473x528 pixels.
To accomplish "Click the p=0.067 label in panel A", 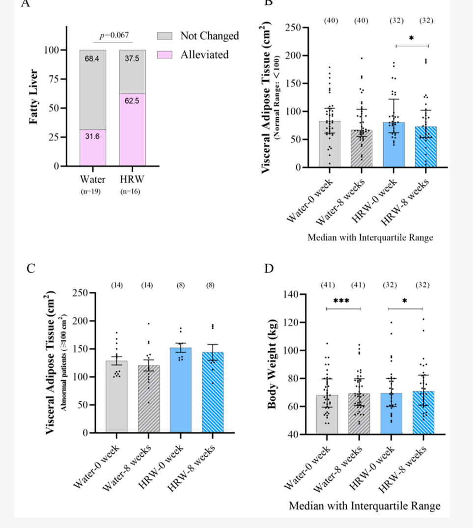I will coord(111,35).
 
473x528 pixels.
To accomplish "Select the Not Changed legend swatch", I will coord(165,36).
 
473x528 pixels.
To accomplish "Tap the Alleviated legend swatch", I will coord(165,55).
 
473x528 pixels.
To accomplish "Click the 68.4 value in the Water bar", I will coord(92,59).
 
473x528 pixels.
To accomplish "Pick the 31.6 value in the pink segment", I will coord(92,136).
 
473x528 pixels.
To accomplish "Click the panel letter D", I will coord(269,269).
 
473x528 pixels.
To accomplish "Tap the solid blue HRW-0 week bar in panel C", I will coord(180,393).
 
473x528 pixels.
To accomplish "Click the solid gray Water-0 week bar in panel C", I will coord(116,398).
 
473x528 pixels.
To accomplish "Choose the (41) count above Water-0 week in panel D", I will coord(328,284).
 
